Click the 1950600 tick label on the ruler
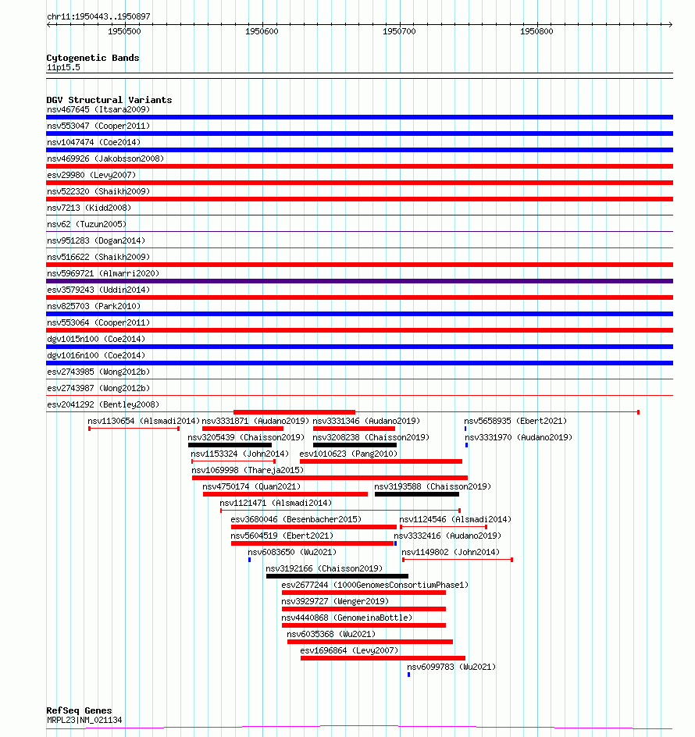pyautogui.click(x=262, y=31)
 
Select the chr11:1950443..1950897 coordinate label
pyautogui.click(x=98, y=16)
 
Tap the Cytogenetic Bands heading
pyautogui.click(x=92, y=58)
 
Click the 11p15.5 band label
pyautogui.click(x=63, y=67)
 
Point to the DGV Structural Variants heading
pyautogui.click(x=109, y=100)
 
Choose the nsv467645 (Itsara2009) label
pyautogui.click(x=98, y=109)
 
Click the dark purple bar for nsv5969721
pyautogui.click(x=359, y=281)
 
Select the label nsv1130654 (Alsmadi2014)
pyautogui.click(x=144, y=422)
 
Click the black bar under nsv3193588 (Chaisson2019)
pyautogui.click(x=417, y=494)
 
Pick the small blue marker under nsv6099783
pyautogui.click(x=408, y=674)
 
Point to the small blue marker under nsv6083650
pyautogui.click(x=249, y=559)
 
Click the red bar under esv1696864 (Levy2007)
pyautogui.click(x=383, y=658)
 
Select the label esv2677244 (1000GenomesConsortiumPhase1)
pyautogui.click(x=375, y=585)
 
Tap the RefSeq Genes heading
pyautogui.click(x=79, y=711)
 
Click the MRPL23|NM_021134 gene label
pyautogui.click(x=84, y=720)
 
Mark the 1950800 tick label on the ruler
pyautogui.click(x=536, y=31)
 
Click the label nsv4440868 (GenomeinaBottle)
pyautogui.click(x=347, y=618)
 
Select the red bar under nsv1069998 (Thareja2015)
pyautogui.click(x=330, y=478)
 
